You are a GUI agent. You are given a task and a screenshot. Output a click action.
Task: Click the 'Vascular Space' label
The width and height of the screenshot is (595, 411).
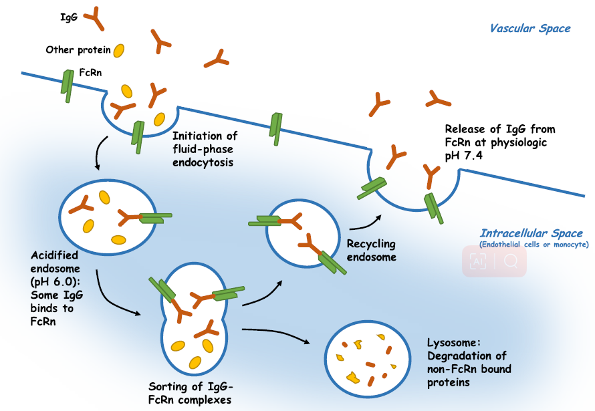click(x=530, y=29)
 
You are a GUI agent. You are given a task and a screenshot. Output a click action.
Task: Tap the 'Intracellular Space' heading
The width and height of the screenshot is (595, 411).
click(x=531, y=234)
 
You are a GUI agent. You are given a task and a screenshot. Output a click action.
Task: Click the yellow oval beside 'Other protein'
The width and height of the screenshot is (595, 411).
click(x=119, y=50)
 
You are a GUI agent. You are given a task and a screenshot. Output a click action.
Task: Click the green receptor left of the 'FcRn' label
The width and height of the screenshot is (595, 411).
click(x=68, y=82)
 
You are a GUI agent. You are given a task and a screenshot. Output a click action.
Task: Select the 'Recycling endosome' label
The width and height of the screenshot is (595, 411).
click(x=371, y=251)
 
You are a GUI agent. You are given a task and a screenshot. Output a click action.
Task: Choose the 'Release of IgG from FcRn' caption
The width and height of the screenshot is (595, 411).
click(x=500, y=141)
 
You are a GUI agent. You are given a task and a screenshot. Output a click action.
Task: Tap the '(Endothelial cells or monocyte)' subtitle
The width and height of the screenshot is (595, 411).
click(x=533, y=245)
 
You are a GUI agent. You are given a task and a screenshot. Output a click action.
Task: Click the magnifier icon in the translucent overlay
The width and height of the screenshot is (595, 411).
click(x=511, y=261)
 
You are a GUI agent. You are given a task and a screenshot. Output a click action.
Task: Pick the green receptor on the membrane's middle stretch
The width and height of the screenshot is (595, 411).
click(x=275, y=125)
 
